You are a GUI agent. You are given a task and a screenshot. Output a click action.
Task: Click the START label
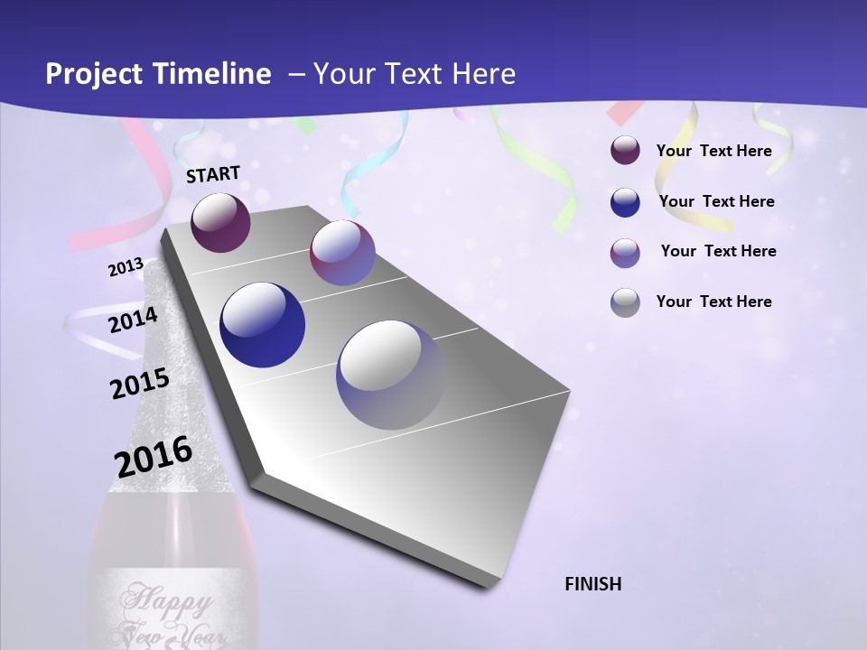pyautogui.click(x=213, y=174)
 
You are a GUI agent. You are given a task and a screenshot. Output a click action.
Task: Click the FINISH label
pyautogui.click(x=593, y=584)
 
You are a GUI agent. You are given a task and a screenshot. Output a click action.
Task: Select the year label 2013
pyautogui.click(x=126, y=267)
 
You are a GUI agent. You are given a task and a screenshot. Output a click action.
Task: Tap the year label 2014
pyautogui.click(x=134, y=320)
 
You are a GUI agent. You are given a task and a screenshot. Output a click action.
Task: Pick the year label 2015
pyautogui.click(x=140, y=384)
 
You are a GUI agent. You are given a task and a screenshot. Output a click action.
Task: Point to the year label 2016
pyautogui.click(x=154, y=457)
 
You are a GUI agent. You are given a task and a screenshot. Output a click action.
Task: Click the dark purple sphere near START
pyautogui.click(x=220, y=222)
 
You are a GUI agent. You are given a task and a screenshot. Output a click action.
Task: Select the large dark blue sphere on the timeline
pyautogui.click(x=263, y=325)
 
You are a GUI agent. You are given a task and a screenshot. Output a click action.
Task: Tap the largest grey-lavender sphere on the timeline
pyautogui.click(x=390, y=374)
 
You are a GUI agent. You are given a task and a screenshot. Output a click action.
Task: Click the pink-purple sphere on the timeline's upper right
pyautogui.click(x=342, y=253)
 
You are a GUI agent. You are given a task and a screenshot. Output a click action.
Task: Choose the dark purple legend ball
pyautogui.click(x=625, y=150)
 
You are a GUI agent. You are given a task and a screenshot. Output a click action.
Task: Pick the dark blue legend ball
pyautogui.click(x=625, y=201)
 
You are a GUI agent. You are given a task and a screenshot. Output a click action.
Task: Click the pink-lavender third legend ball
pyautogui.click(x=625, y=252)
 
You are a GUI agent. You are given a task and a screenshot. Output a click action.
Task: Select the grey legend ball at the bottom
pyautogui.click(x=625, y=302)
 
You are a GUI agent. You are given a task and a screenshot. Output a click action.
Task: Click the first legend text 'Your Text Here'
pyautogui.click(x=713, y=151)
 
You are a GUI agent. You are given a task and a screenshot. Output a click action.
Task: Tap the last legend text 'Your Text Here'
pyautogui.click(x=713, y=302)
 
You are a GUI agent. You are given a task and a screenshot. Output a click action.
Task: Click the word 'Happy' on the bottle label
pyautogui.click(x=169, y=599)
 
